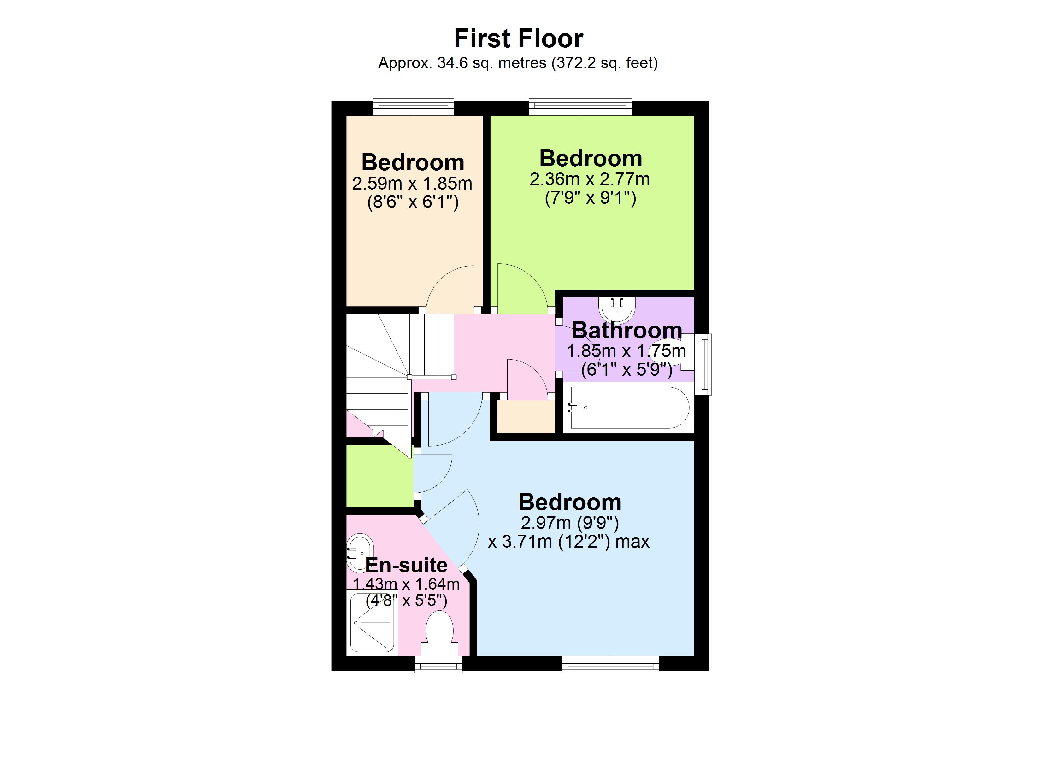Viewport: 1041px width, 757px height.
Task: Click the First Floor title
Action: [518, 38]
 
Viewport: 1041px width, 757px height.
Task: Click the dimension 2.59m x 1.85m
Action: [412, 184]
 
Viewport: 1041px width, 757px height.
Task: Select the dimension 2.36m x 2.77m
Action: [590, 179]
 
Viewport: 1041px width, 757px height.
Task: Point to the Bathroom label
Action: [626, 331]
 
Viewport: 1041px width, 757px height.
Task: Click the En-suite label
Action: [406, 565]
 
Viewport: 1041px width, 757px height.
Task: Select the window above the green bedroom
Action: [580, 107]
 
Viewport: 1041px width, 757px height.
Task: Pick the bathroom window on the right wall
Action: [703, 364]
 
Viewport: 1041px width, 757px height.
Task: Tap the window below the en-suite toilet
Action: [438, 664]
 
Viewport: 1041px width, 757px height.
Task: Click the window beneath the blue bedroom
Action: [610, 664]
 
